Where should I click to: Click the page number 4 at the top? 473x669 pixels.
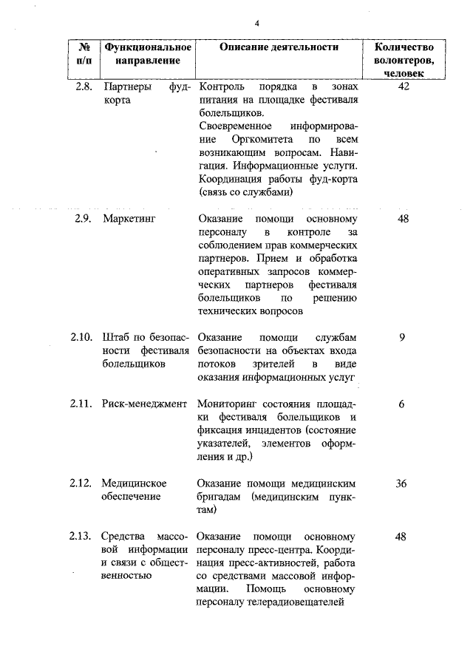pos(256,23)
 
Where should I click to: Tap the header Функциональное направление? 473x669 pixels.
pos(148,52)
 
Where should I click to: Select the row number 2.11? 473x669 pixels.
pos(81,404)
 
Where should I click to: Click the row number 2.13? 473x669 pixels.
pos(81,537)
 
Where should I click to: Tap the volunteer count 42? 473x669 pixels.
pos(404,87)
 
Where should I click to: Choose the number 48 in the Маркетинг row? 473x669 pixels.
pos(404,219)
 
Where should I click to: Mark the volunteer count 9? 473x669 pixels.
pos(402,337)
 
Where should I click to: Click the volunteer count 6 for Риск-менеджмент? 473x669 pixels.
pos(401,404)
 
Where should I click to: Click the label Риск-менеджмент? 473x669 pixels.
pos(145,404)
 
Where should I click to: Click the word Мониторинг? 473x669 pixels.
pos(229,404)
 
